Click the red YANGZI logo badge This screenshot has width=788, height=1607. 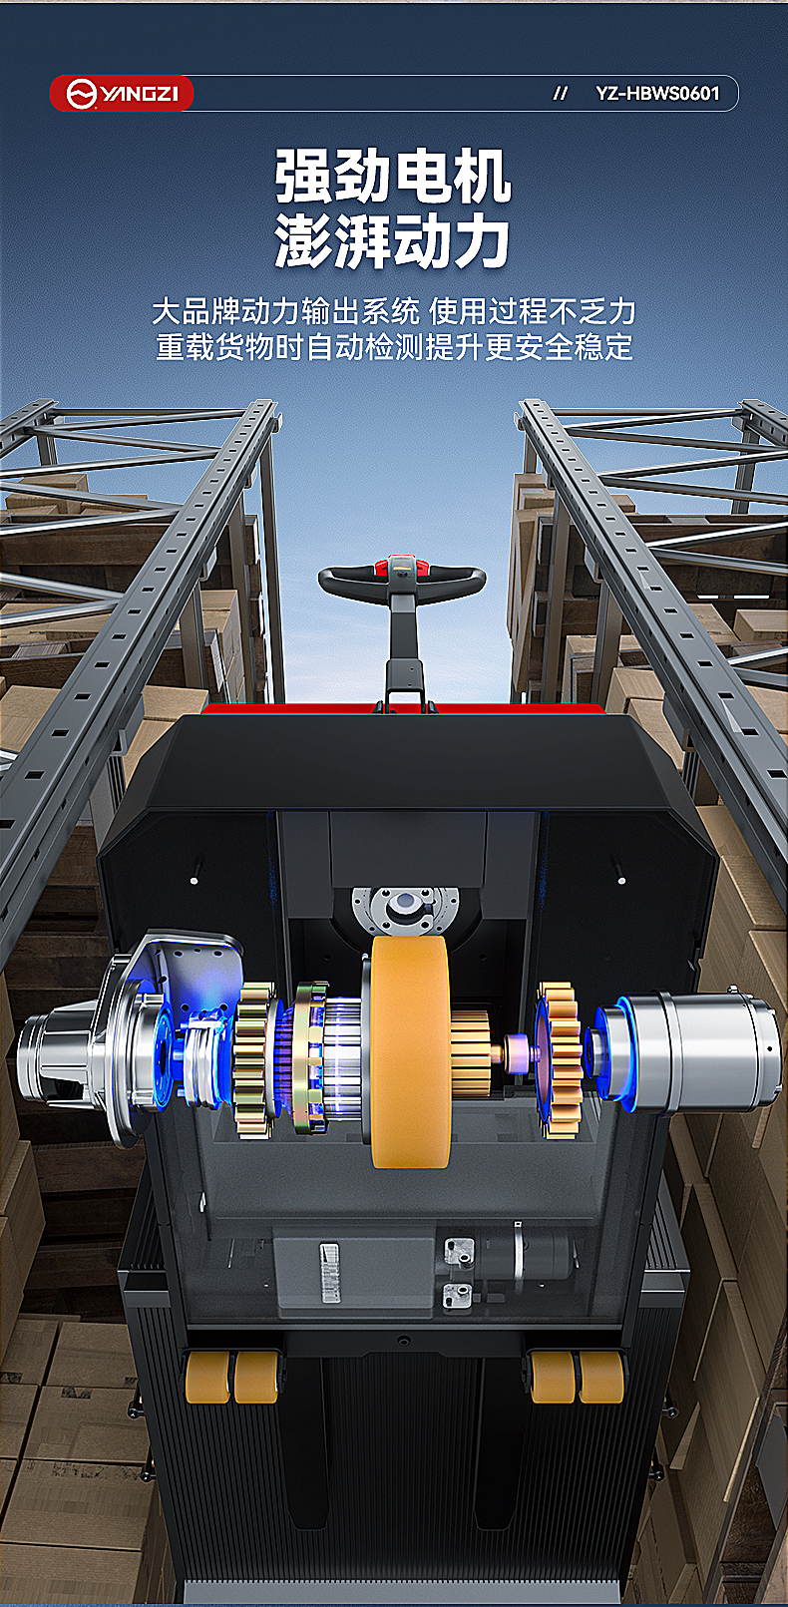coord(122,93)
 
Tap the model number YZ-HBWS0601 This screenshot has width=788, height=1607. coord(657,93)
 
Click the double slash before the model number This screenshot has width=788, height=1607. coord(561,93)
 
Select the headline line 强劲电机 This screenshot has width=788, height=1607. coord(393,177)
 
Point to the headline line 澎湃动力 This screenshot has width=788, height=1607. coord(393,239)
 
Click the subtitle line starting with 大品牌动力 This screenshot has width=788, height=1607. coord(394,311)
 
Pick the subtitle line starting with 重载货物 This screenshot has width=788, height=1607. coord(394,347)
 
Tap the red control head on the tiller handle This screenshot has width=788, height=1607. coord(402,566)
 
